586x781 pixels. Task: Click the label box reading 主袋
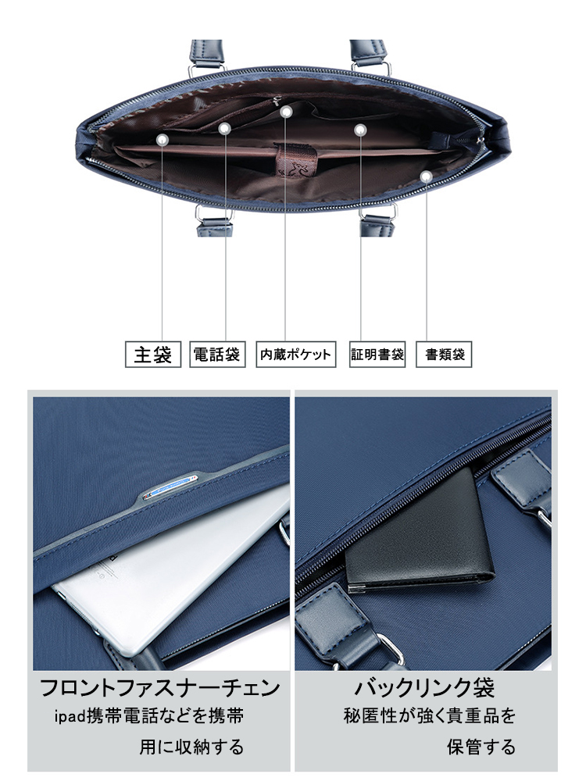tap(152, 354)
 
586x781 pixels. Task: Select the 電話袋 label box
tap(217, 354)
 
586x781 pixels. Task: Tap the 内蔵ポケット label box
tap(296, 354)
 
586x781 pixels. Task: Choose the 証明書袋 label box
tap(377, 354)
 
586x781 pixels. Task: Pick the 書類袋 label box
tap(444, 354)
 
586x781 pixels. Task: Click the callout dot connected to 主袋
tap(162, 141)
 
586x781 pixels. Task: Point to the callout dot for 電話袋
tap(225, 129)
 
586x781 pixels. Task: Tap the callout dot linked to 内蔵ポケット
tap(285, 112)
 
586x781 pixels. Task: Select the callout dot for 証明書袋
tap(360, 130)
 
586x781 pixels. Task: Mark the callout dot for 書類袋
tap(425, 177)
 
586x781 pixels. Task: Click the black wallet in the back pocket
tap(419, 533)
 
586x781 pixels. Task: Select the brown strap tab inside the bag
tap(296, 159)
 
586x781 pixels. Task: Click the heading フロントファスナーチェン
tap(160, 688)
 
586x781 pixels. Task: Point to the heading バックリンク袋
tap(424, 688)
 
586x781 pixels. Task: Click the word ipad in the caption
tap(70, 717)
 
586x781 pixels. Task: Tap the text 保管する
tap(481, 747)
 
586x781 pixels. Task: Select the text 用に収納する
tap(191, 747)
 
